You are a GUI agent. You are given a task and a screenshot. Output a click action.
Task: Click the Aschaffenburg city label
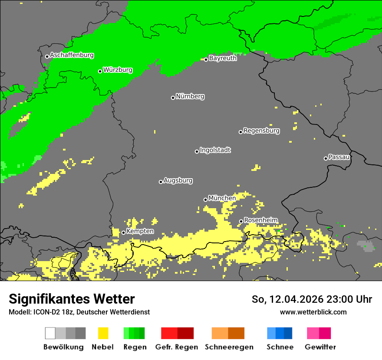click(72, 56)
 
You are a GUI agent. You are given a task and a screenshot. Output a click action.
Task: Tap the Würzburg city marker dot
click(100, 71)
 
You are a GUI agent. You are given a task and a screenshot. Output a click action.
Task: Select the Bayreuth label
click(223, 58)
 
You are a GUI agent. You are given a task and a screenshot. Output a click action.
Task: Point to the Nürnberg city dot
click(173, 98)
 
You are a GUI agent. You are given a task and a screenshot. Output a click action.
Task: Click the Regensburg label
click(261, 131)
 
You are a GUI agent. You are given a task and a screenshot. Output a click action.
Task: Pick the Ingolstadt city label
click(215, 151)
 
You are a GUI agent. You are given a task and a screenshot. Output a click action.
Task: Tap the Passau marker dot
click(326, 158)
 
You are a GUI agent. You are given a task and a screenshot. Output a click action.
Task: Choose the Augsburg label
click(178, 180)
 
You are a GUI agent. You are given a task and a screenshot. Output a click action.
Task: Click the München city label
click(222, 198)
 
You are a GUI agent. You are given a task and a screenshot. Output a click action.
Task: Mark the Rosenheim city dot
click(241, 222)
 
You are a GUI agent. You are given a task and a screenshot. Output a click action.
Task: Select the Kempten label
click(140, 231)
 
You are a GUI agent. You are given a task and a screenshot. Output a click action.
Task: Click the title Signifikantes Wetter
click(72, 299)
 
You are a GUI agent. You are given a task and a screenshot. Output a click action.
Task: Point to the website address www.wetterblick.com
click(313, 312)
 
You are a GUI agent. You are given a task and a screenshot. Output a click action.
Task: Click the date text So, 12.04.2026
click(287, 299)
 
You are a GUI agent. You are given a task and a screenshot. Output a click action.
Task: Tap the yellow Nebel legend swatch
click(103, 333)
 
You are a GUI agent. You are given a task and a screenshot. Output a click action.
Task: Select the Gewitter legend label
click(320, 347)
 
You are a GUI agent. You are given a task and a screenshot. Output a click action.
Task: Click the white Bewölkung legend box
click(50, 333)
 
